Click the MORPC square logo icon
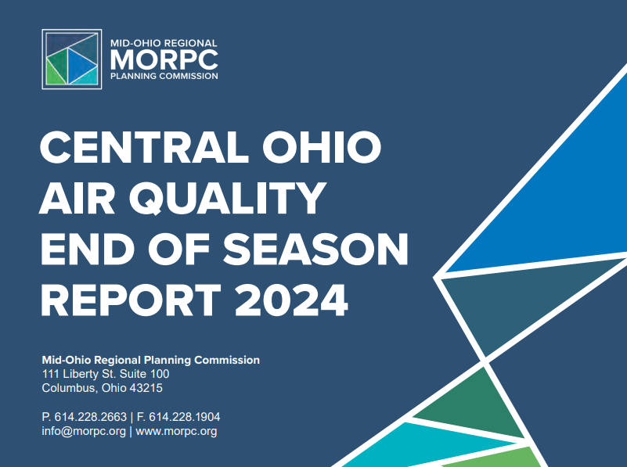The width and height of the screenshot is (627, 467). (71, 59)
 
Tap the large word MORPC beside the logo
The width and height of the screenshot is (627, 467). (164, 60)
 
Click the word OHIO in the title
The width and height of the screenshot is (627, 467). (322, 146)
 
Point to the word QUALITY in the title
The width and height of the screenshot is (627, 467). (228, 198)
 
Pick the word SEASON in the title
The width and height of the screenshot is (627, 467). (315, 250)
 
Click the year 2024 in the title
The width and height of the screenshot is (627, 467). (291, 300)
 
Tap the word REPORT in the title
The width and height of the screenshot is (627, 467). (131, 300)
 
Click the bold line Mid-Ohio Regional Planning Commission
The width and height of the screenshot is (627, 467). (151, 360)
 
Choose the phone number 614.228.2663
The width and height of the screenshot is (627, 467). (90, 417)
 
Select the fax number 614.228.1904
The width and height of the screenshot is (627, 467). (184, 417)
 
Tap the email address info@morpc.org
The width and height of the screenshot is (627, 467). (84, 432)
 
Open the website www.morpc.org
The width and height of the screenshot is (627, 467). (176, 432)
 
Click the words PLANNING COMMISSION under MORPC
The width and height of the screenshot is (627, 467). (164, 76)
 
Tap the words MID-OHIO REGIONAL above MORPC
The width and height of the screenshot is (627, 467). (164, 43)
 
